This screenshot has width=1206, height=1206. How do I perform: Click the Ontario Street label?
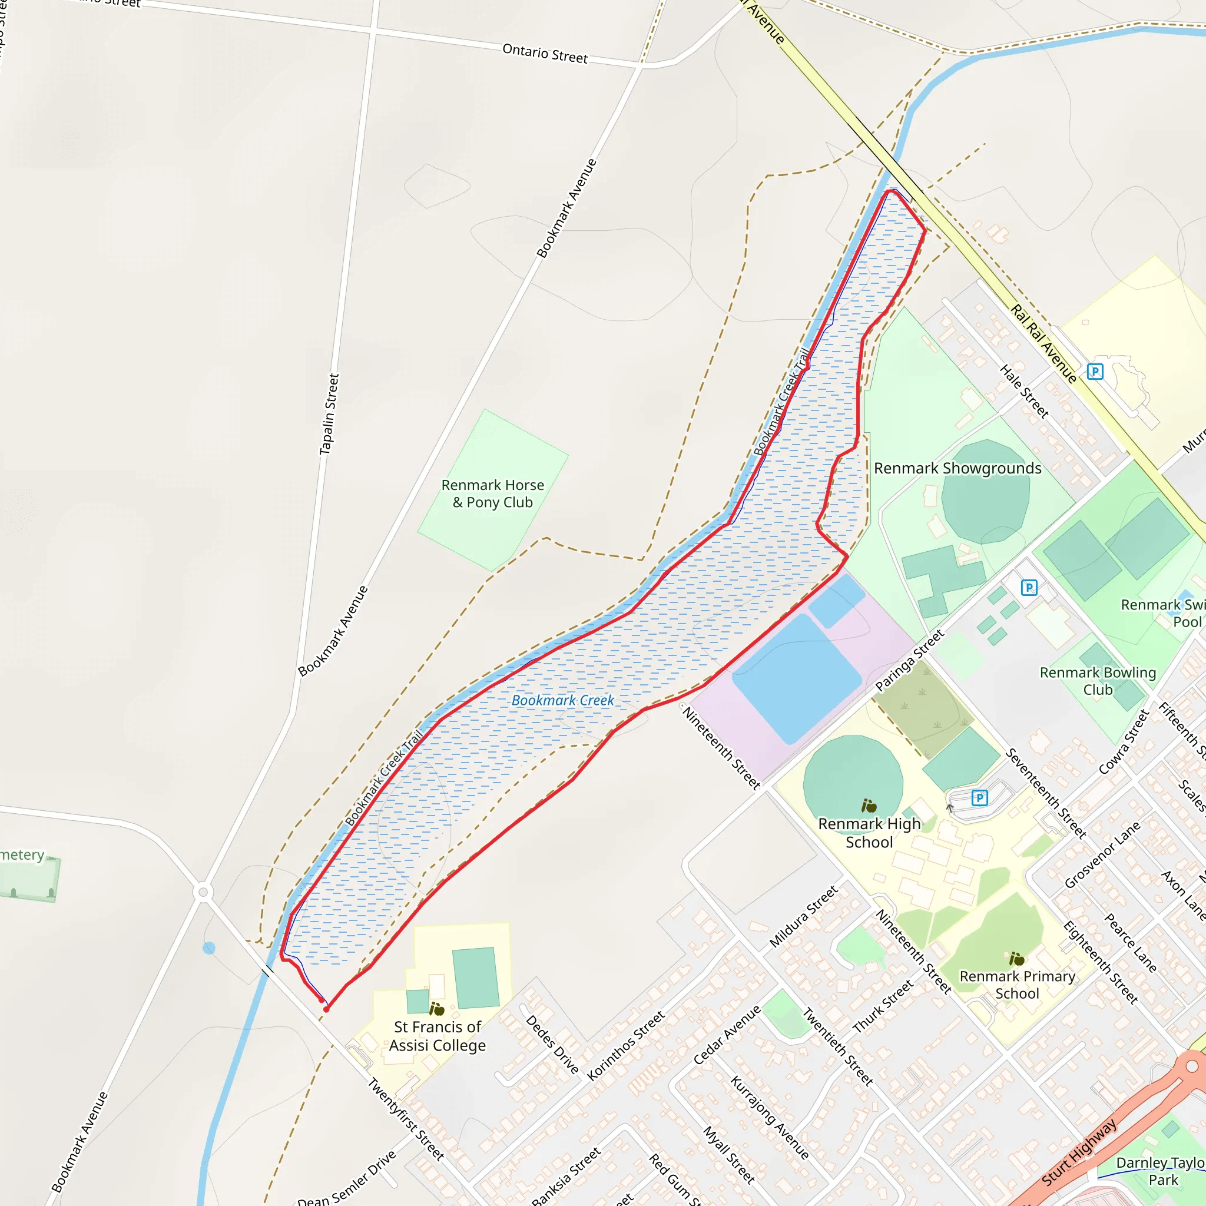pyautogui.click(x=545, y=53)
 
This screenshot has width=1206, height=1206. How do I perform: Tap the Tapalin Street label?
pyautogui.click(x=329, y=415)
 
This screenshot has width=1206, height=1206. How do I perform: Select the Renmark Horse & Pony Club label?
pyautogui.click(x=492, y=493)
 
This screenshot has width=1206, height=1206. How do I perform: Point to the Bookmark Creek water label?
pyautogui.click(x=562, y=700)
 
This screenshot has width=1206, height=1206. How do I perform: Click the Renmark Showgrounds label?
pyautogui.click(x=957, y=468)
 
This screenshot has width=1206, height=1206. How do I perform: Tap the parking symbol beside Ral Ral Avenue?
pyautogui.click(x=1095, y=372)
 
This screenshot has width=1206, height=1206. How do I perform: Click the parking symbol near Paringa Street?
pyautogui.click(x=1029, y=587)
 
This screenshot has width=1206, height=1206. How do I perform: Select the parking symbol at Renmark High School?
pyautogui.click(x=979, y=798)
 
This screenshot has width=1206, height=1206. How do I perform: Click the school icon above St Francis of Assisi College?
pyautogui.click(x=437, y=1009)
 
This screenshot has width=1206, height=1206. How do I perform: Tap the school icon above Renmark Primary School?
pyautogui.click(x=1017, y=958)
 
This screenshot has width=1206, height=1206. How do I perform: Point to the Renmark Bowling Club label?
pyautogui.click(x=1098, y=681)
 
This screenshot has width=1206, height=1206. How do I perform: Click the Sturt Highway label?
pyautogui.click(x=1079, y=1152)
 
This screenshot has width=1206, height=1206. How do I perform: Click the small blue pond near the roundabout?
pyautogui.click(x=209, y=948)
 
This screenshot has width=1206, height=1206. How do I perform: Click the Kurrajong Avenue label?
pyautogui.click(x=770, y=1117)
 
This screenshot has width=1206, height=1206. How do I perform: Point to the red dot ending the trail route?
pyautogui.click(x=326, y=1009)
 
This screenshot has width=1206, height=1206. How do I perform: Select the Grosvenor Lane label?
pyautogui.click(x=1102, y=855)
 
